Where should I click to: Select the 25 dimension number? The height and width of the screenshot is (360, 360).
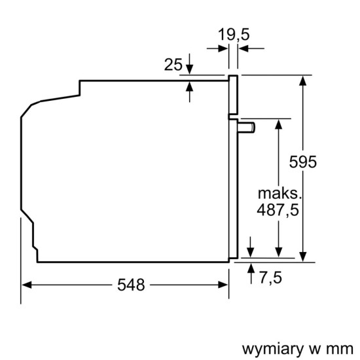[x=173, y=64]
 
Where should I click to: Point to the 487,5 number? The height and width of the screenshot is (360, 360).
[x=279, y=211]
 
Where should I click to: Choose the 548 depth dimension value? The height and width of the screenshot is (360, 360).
[x=131, y=285]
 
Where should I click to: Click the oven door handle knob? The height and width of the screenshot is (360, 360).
[x=247, y=126]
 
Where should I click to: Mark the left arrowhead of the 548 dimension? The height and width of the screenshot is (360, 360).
[x=26, y=285]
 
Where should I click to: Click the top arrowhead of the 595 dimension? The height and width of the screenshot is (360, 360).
[x=304, y=81]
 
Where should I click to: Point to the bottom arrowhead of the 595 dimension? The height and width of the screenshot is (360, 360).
[x=304, y=258]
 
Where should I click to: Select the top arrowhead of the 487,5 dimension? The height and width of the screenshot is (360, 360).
[x=279, y=123]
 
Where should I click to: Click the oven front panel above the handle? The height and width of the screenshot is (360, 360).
[x=232, y=95]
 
